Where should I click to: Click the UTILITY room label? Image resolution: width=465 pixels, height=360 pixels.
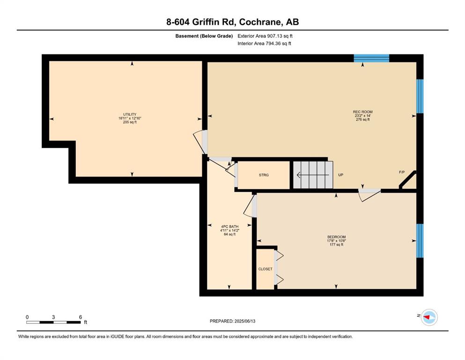pos(130,114)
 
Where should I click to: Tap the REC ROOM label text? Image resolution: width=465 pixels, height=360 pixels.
pos(362,112)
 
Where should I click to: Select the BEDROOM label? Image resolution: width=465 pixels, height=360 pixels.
pos(336,237)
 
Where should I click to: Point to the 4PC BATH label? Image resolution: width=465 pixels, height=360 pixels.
pos(229,226)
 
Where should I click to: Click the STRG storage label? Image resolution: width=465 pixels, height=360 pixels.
pos(264,175)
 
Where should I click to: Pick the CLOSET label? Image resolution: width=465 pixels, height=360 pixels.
pos(265,269)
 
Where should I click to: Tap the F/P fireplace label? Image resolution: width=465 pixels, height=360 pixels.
pos(402,172)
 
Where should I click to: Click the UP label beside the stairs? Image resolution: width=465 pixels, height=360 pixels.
pos(341,175)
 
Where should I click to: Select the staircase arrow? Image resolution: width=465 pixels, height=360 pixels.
pos(313,175)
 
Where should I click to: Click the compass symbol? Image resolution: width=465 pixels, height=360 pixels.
pos(429,317)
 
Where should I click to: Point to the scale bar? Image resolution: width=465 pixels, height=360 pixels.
pos(53,322)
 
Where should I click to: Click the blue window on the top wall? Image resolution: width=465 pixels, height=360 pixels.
pos(371,58)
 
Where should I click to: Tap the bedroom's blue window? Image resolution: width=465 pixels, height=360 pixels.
pos(420,240)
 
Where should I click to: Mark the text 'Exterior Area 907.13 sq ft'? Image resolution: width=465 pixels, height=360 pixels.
pos(265,36)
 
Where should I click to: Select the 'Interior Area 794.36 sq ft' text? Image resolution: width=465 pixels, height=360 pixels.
pos(264,43)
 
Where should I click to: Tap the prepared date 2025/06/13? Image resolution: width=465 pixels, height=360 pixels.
pos(245,321)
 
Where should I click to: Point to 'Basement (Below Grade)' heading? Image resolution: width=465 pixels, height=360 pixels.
pos(204,36)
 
